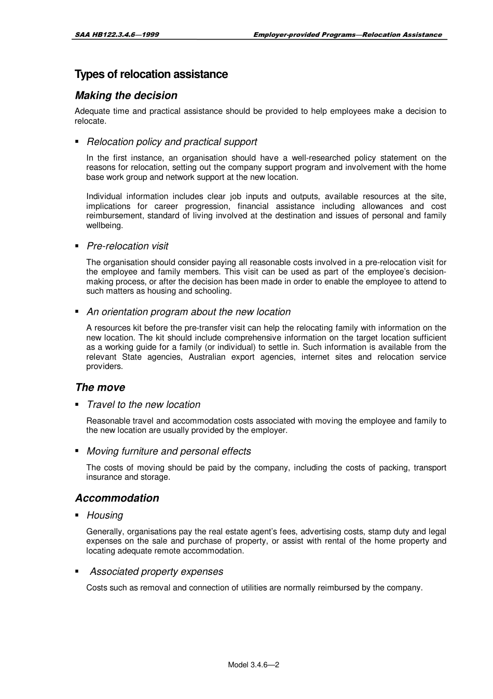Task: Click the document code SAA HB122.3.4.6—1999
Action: coord(117,35)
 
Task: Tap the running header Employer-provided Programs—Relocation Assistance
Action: coord(347,35)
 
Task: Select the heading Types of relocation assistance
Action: coord(151,74)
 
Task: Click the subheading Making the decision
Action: coord(126,96)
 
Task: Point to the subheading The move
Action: coord(100,387)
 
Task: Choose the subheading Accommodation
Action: coord(117,498)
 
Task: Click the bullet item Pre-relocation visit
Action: coord(127,246)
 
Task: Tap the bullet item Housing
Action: coord(105,516)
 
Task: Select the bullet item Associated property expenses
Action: coord(156,572)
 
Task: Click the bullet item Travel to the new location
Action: coord(143,405)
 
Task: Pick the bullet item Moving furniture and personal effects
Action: coord(169,452)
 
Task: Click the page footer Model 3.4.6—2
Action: coord(254,665)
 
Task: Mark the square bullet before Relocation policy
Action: coord(77,142)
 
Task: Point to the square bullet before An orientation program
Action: coord(77,312)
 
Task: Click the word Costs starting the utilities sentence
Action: coord(97,588)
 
